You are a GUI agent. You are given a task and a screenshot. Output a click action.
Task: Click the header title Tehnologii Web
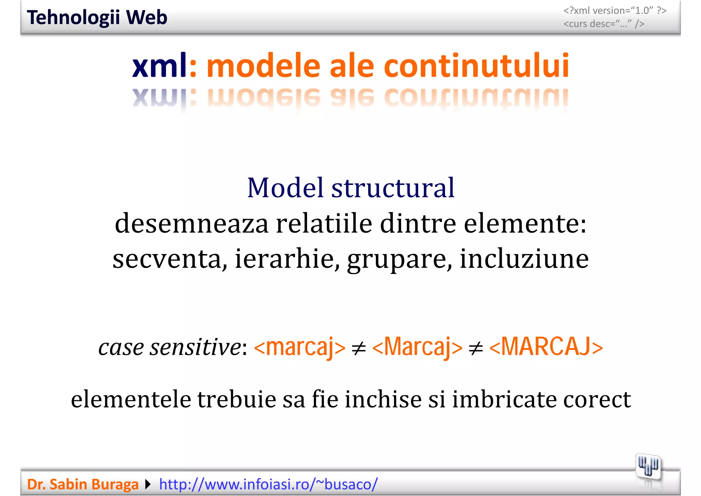coord(97,17)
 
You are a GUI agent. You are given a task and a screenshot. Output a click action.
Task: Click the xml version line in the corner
coord(615,11)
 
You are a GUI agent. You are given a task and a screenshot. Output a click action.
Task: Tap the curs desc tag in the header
coord(604,24)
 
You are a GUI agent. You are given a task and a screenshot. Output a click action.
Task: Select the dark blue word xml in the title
coord(159,66)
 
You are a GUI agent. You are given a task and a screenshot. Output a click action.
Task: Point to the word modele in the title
coord(264,66)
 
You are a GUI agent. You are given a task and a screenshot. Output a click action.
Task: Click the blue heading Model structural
coord(350,188)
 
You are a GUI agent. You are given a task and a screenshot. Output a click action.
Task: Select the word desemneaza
coord(192,223)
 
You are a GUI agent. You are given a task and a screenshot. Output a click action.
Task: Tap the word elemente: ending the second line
coord(525,223)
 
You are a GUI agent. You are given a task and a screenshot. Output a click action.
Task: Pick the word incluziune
coord(524,259)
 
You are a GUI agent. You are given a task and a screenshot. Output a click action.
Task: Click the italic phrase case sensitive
coord(170,347)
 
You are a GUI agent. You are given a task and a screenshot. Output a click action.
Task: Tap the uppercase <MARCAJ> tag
coord(546,347)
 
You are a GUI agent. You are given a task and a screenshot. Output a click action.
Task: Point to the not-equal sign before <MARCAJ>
coord(476,349)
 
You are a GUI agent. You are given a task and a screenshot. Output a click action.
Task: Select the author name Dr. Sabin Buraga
coord(82,484)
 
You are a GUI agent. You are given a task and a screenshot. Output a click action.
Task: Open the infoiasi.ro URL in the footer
coord(268,484)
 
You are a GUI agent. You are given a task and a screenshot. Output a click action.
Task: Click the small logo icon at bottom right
coord(648,467)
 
